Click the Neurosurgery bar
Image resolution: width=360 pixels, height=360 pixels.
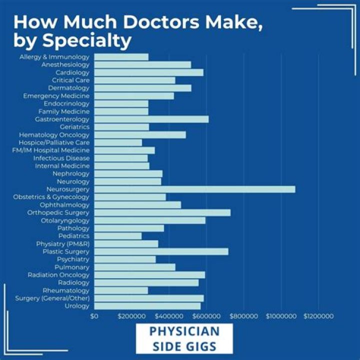coord(194,189)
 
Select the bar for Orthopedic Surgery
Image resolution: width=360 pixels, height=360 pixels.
coord(162,212)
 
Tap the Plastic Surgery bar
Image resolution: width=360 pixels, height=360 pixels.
coord(161,251)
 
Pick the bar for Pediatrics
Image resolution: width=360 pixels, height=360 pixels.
coord(117,236)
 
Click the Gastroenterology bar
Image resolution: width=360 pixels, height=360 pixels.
coord(151,119)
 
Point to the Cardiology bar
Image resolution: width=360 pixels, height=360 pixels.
coord(148,72)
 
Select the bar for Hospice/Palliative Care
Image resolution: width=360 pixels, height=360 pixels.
coord(118,142)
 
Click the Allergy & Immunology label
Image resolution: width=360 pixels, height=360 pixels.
coord(54,57)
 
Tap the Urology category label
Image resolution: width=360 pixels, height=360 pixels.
coord(77,306)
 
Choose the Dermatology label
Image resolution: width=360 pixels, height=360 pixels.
coord(68,88)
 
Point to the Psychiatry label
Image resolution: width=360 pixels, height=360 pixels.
coord(73,259)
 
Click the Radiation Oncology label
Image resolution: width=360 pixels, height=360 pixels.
coord(58,275)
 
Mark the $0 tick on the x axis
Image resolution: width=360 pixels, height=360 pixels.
coord(94,316)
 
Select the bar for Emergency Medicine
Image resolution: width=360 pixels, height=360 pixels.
coord(134,95)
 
